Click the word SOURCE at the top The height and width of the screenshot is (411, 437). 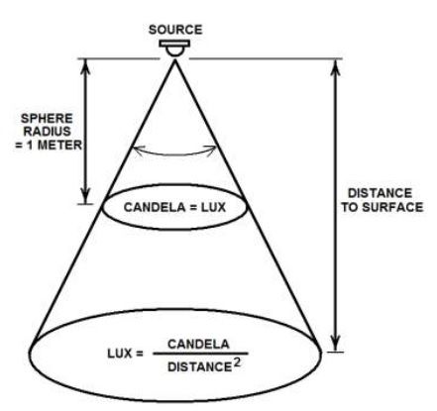(175, 30)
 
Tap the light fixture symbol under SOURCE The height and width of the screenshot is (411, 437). (174, 49)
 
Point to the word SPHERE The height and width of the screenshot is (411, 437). (47, 119)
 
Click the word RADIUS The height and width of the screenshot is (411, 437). (47, 132)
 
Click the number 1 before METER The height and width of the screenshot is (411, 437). (31, 145)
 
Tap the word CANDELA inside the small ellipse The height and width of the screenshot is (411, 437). (155, 207)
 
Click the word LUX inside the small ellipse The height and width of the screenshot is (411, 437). (214, 207)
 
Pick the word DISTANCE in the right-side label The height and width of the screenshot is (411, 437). (380, 193)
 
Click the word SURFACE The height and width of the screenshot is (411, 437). (392, 207)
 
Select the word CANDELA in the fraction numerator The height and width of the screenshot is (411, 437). (198, 345)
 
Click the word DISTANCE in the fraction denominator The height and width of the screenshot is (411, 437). (199, 367)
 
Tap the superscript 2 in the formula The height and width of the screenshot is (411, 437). (237, 362)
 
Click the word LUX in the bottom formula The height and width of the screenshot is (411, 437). (120, 354)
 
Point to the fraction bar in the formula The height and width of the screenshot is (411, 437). (200, 354)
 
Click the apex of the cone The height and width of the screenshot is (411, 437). (174, 60)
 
